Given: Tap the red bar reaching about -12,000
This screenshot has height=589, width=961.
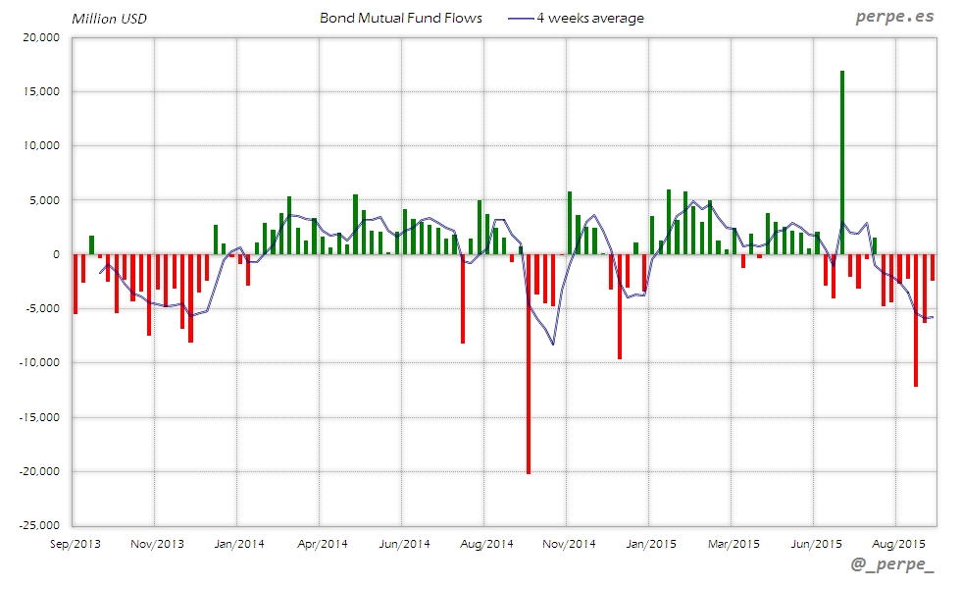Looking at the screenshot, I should pyautogui.click(x=916, y=324).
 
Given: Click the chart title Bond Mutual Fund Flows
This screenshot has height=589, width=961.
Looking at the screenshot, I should pyautogui.click(x=401, y=18).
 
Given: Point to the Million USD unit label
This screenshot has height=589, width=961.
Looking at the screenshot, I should pyautogui.click(x=109, y=19).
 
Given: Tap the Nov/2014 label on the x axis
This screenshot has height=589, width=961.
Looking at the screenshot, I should pyautogui.click(x=569, y=543).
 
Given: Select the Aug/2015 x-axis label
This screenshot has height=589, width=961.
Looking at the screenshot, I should pyautogui.click(x=898, y=543).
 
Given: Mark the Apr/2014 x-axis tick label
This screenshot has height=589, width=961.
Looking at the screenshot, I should pyautogui.click(x=322, y=543).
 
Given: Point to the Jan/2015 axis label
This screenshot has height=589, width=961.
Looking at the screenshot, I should pyautogui.click(x=651, y=543).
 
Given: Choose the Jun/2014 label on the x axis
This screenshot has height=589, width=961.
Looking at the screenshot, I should pyautogui.click(x=404, y=543).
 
